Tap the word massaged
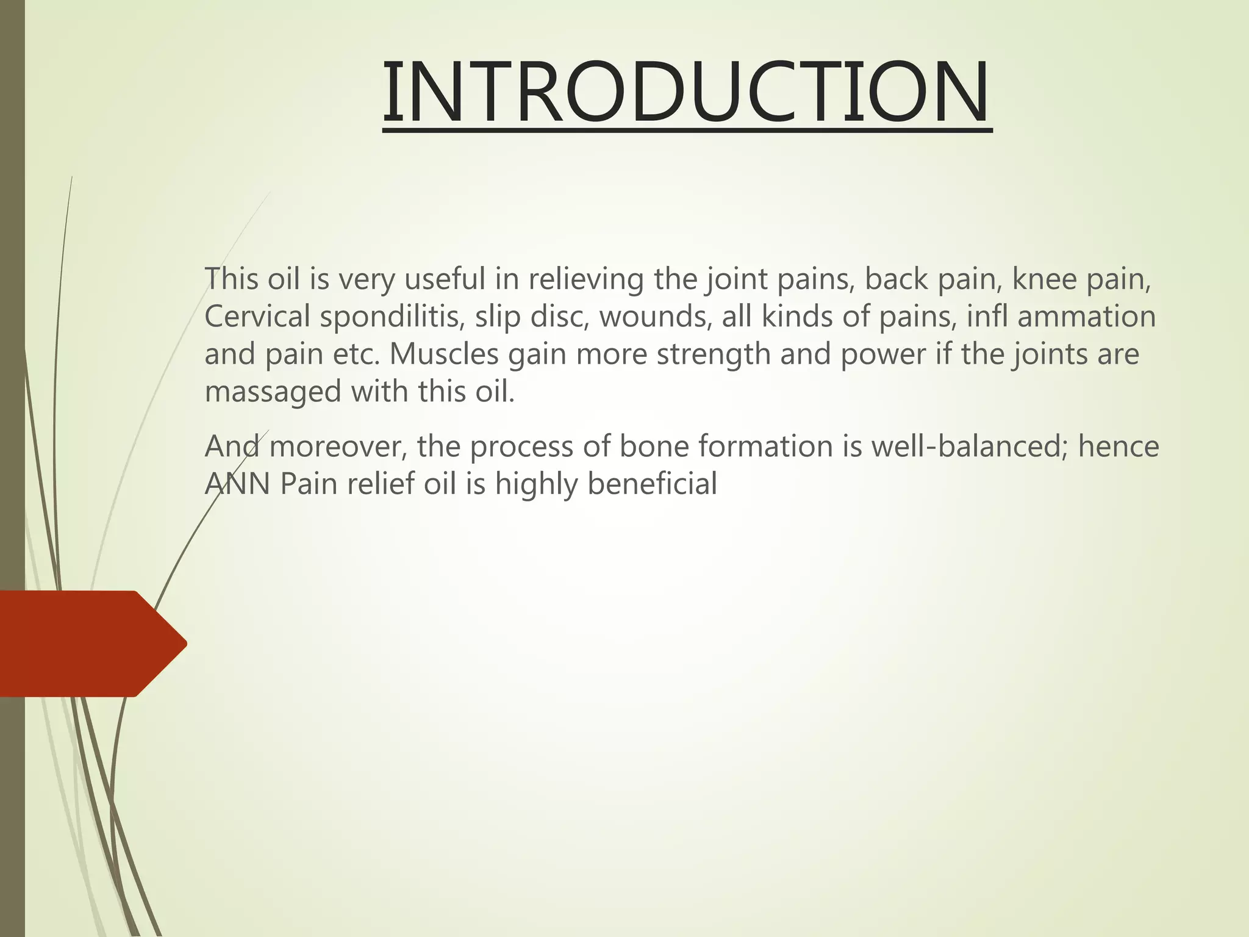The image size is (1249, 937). coord(273,392)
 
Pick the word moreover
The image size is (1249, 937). coord(338,447)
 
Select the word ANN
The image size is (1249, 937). coord(237,484)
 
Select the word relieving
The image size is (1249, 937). coord(585,280)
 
